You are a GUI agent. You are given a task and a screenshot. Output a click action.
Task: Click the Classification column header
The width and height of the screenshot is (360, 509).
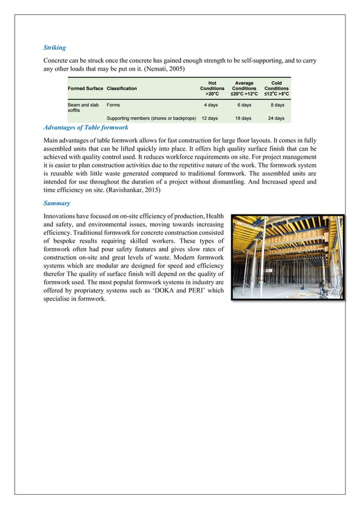pyautogui.click(x=121, y=89)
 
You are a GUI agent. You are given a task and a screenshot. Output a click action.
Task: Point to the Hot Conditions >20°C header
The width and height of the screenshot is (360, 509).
pyautogui.click(x=212, y=89)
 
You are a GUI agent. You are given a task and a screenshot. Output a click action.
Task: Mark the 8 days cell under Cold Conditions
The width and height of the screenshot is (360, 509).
pyautogui.click(x=277, y=104)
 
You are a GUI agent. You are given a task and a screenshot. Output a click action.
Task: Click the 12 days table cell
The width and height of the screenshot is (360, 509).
pyautogui.click(x=210, y=119)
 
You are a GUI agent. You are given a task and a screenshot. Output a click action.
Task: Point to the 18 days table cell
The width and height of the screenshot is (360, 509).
pyautogui.click(x=243, y=119)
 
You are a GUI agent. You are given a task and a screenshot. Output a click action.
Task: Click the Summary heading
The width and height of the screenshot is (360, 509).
pyautogui.click(x=56, y=206)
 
